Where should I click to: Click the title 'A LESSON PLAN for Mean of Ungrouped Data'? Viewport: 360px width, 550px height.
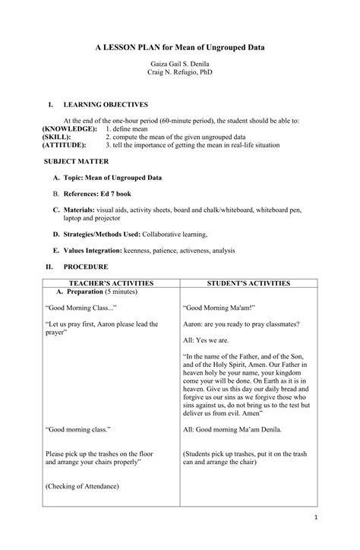[180, 47]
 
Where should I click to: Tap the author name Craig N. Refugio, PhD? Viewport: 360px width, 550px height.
[180, 79]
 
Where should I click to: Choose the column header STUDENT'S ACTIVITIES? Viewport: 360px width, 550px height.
[248, 283]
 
